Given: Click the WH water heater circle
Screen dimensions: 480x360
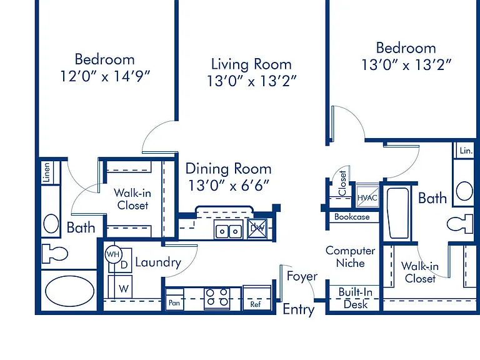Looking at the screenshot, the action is coord(114,254).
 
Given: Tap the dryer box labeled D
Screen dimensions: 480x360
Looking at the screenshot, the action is coord(121,261).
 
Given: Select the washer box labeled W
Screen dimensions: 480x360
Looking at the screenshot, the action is coord(120,287).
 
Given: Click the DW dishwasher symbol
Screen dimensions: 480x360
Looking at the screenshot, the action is coord(257,228).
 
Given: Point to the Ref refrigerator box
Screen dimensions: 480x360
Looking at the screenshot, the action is coord(257,297).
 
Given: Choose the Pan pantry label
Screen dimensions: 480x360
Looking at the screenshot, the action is coord(174,302).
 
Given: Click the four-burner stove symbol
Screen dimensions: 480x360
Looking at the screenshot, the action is coord(217,297).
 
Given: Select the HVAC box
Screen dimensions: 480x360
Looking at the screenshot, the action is coord(367,196).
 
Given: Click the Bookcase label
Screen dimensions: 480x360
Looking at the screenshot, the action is coord(352,217).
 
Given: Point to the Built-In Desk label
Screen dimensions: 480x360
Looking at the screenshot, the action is coord(356,298).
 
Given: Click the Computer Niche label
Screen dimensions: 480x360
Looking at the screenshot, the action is coord(350,257).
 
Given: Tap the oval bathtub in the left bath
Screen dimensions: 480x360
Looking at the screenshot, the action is coord(70,291).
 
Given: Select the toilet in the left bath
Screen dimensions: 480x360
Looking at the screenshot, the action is coord(55,254).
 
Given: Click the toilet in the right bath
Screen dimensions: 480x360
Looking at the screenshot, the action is coord(460,224).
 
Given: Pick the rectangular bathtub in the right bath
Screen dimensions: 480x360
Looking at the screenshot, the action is coord(398,212).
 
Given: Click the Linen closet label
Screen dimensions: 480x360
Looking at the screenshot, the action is coord(46,172).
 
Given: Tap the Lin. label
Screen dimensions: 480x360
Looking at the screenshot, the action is coord(466,151).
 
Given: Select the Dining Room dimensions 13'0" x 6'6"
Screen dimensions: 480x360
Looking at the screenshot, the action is coord(229,185).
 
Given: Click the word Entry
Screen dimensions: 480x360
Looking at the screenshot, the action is coord(299,309).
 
